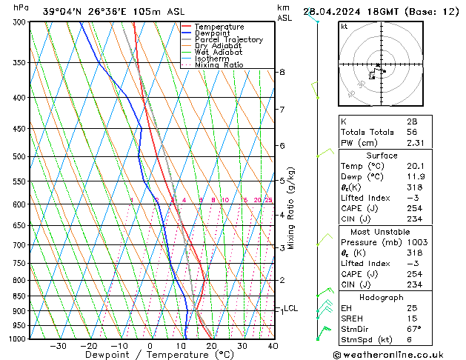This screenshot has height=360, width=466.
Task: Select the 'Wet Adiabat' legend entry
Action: [x=219, y=53]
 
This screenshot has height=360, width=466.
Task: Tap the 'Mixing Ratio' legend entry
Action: [x=219, y=65]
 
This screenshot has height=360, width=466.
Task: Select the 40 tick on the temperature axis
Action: [x=273, y=345]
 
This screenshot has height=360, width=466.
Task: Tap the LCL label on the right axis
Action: [x=291, y=308]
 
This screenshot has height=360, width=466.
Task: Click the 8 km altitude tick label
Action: [x=282, y=72]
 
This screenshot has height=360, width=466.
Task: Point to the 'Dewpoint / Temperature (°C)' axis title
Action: [x=149, y=355]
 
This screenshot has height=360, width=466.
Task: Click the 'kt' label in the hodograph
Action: [x=344, y=26]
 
